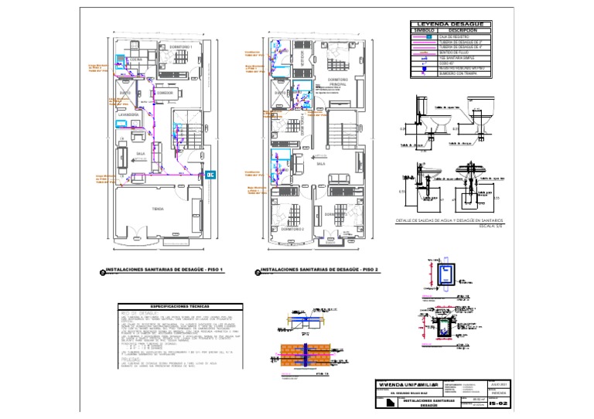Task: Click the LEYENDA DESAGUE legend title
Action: click(x=456, y=24)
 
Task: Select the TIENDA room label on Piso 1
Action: click(x=158, y=209)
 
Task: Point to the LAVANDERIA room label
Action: click(x=128, y=114)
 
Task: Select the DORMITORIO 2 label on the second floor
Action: click(x=292, y=230)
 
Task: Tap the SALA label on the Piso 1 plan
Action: click(x=142, y=153)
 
